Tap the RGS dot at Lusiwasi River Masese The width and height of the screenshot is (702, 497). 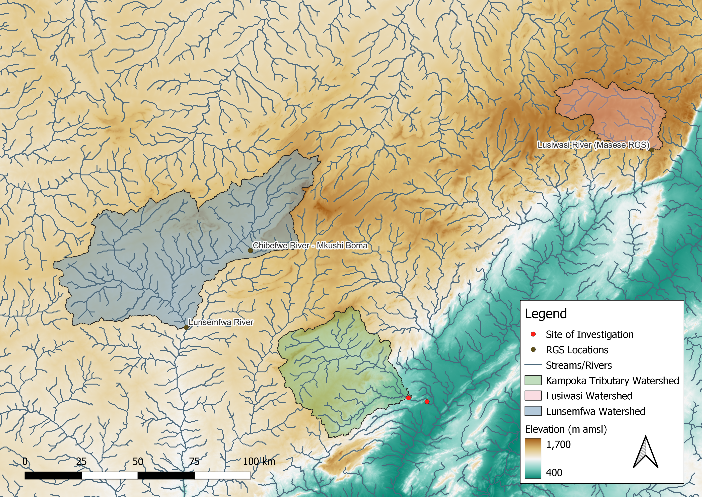pos(652,150)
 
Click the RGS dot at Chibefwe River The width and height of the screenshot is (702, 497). pos(250,250)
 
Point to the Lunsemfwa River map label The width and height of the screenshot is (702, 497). pos(221,322)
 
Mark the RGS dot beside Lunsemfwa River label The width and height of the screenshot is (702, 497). pos(186,327)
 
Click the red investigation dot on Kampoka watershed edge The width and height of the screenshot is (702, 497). pos(408,398)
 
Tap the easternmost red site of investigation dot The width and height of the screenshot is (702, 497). pos(427,402)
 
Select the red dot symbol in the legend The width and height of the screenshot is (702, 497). pos(533,334)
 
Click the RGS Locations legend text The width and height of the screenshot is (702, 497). pos(577,350)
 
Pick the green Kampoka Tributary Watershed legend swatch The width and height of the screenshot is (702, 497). pos(533,380)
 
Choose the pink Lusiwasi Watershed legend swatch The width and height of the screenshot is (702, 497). pos(533,396)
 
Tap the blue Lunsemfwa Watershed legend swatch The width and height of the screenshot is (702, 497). pos(533,411)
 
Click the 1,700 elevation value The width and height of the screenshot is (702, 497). pos(558,444)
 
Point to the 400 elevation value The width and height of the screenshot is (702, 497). pos(554,473)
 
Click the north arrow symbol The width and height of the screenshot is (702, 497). pos(645,452)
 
